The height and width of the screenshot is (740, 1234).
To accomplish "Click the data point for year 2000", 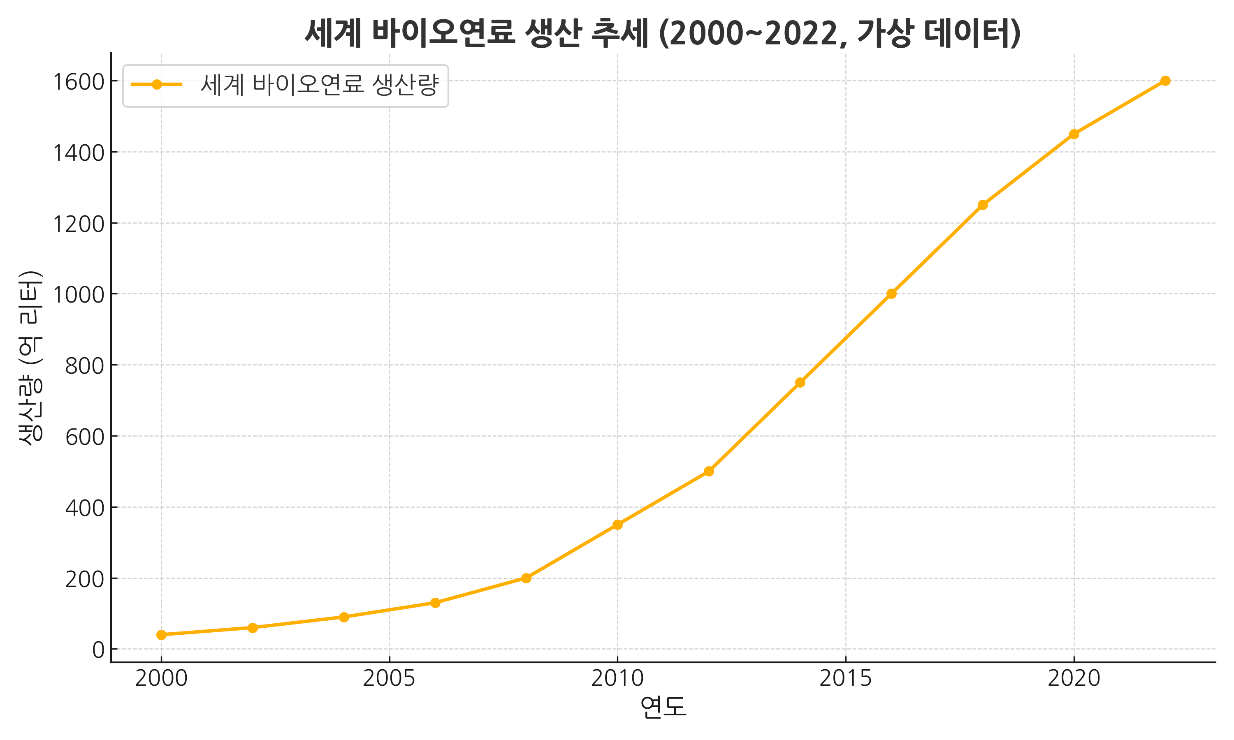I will (x=161, y=635).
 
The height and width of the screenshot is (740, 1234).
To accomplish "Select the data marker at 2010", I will (x=617, y=525).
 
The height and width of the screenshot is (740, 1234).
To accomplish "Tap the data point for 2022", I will (x=1165, y=81).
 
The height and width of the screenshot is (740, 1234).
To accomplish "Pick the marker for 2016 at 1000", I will (x=891, y=294).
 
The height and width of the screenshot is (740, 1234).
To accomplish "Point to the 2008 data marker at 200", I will (x=526, y=578).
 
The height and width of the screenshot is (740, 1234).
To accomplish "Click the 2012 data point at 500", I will (x=709, y=471).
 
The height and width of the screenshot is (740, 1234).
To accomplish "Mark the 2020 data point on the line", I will (x=1074, y=134).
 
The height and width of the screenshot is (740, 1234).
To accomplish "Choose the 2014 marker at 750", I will (x=800, y=382).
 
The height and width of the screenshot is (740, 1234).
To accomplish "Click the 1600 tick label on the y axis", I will (x=78, y=82).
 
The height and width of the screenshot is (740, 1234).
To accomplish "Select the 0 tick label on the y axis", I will (x=98, y=650).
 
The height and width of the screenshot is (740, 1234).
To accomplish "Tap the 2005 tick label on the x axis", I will (x=389, y=679).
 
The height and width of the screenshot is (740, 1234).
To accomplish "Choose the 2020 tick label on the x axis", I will (x=1074, y=679).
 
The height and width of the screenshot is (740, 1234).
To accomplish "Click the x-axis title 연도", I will (x=663, y=707).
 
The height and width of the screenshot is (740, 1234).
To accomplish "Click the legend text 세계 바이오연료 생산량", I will (x=319, y=85).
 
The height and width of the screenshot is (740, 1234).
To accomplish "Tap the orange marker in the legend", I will (x=157, y=85).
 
